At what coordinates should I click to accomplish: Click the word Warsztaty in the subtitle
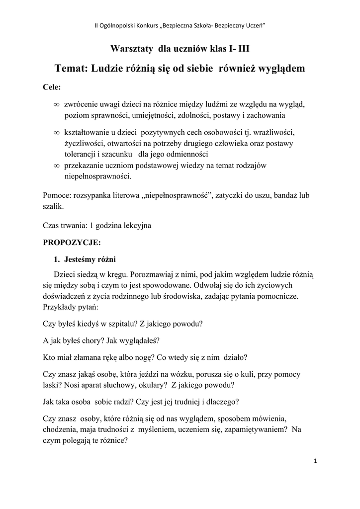pos(131,49)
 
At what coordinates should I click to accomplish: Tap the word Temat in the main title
pos(70,68)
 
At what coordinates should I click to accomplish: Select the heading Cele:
pos(52,87)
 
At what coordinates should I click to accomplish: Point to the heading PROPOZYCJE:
pos(72,243)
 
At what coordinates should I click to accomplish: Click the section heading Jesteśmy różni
pos(90,259)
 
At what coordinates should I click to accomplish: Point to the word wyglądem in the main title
pos(277,68)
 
